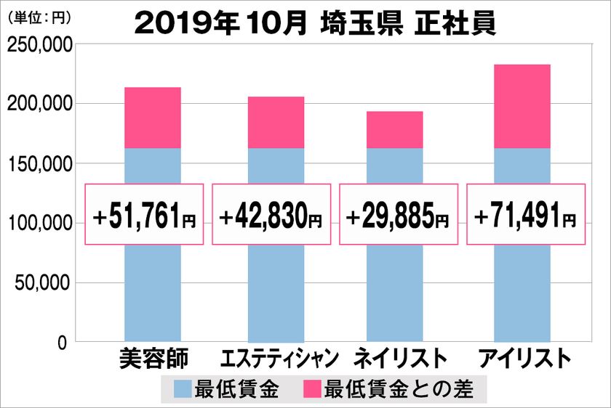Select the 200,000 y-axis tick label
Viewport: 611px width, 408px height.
click(39, 105)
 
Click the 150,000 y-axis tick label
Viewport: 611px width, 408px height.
click(39, 164)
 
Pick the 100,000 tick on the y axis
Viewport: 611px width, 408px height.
click(39, 224)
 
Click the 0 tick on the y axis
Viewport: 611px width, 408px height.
click(62, 342)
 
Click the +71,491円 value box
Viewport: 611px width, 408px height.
click(525, 215)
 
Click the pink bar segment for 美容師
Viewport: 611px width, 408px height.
click(153, 118)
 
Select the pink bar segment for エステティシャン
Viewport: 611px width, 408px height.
click(276, 123)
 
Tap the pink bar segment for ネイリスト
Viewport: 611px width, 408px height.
click(394, 130)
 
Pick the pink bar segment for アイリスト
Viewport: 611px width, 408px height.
click(522, 107)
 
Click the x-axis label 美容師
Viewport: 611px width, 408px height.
click(153, 359)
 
